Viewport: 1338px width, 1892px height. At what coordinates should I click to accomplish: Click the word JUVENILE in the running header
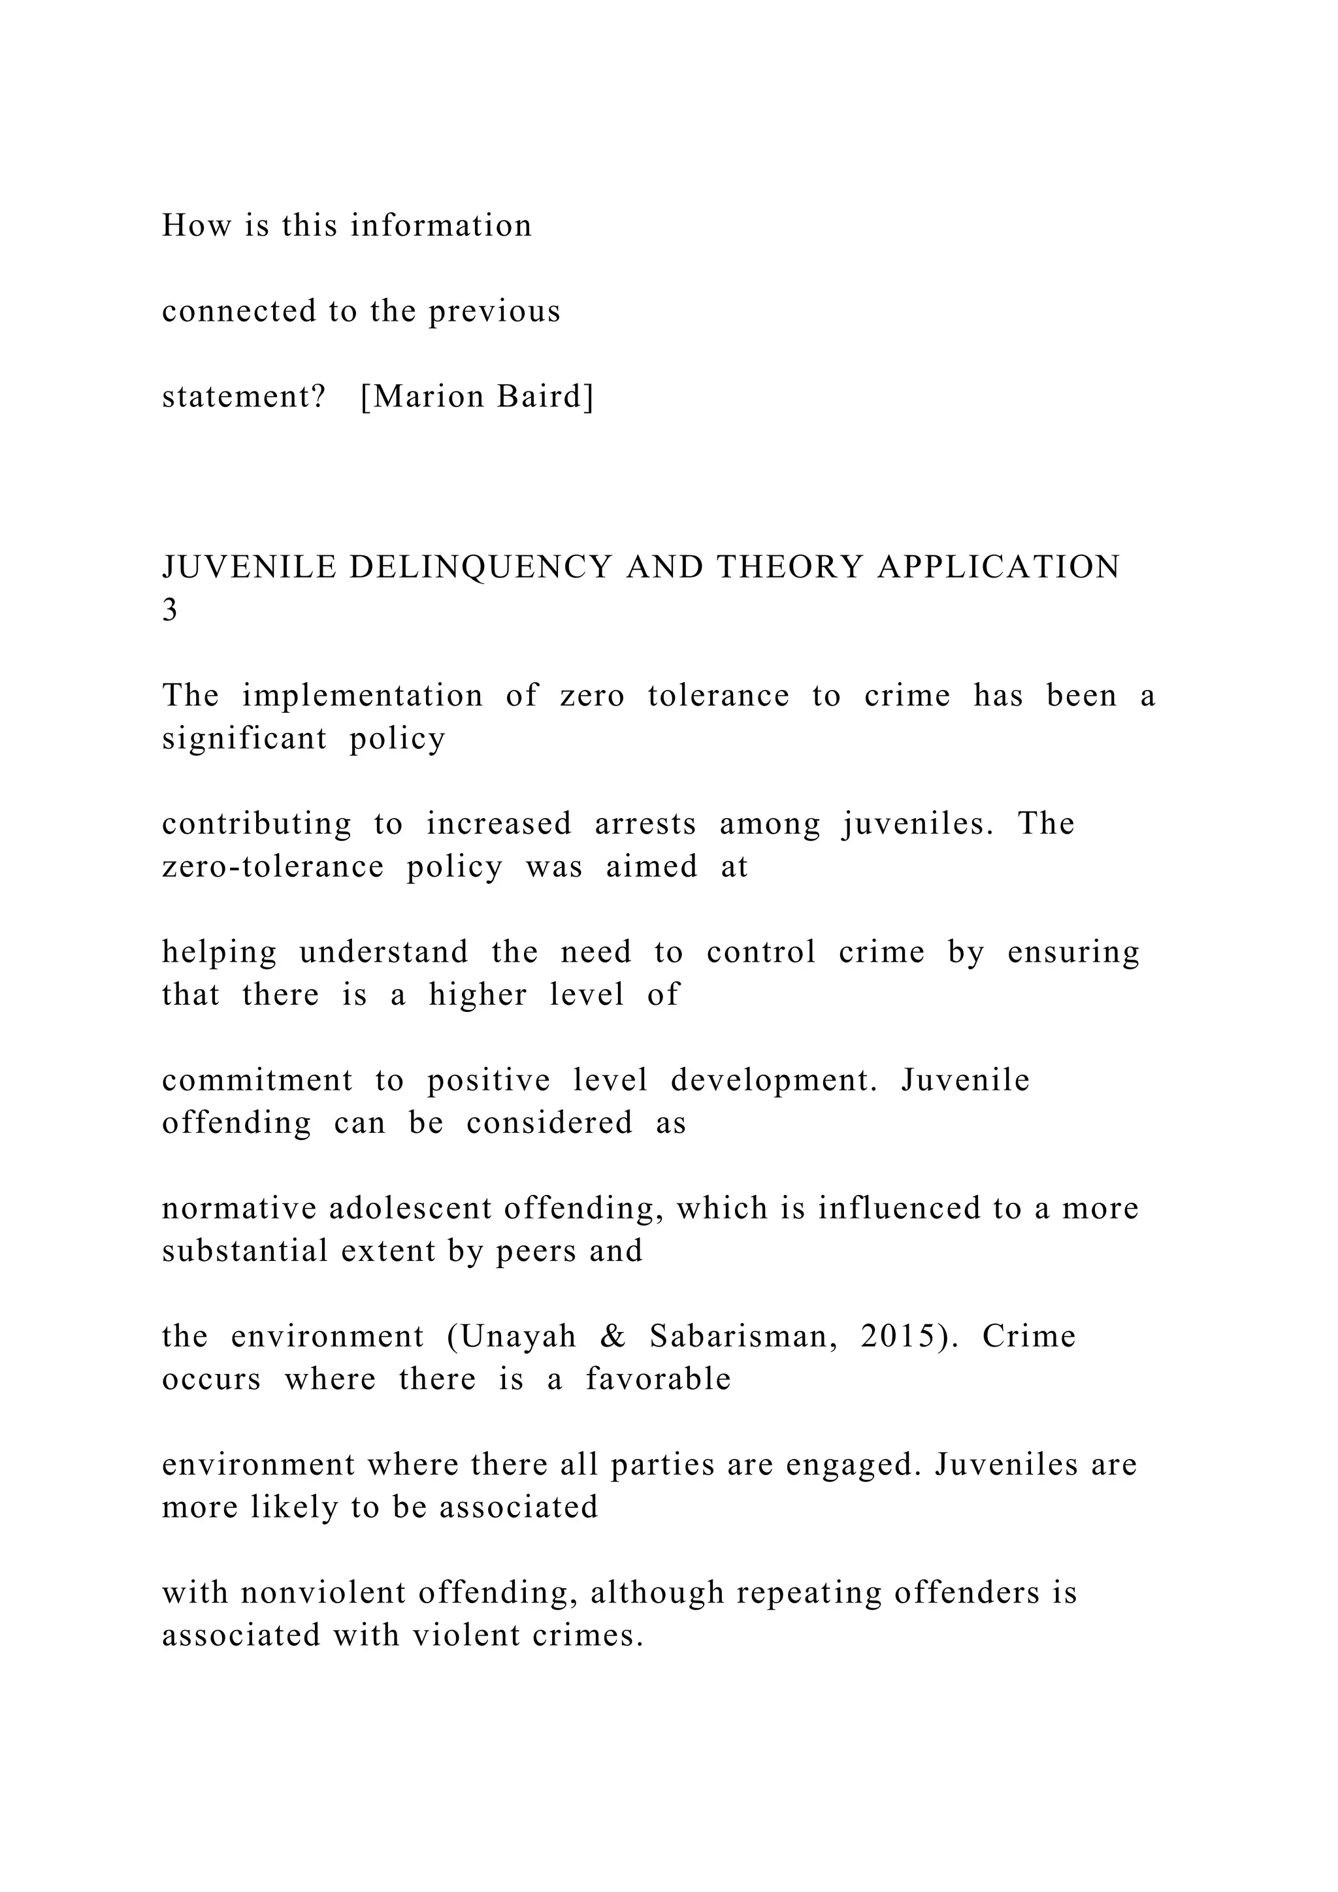click(249, 567)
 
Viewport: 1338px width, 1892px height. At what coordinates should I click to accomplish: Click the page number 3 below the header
click(170, 610)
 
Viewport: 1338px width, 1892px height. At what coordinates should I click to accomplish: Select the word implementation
click(363, 696)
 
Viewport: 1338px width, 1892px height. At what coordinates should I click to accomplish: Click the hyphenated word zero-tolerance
click(272, 866)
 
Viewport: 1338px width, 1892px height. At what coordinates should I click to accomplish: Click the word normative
click(239, 1208)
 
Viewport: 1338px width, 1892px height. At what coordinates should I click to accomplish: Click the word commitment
click(257, 1081)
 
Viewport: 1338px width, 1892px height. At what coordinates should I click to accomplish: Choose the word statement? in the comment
click(244, 397)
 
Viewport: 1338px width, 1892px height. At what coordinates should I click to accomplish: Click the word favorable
click(659, 1378)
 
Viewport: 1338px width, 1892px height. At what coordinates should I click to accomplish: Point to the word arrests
click(645, 824)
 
